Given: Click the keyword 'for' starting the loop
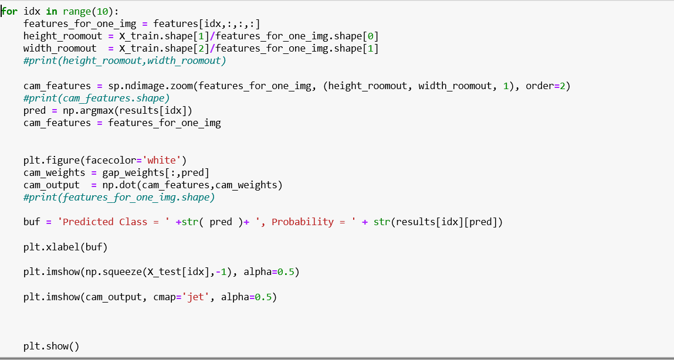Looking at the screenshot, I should click(10, 11).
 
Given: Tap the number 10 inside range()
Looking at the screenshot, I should click(97, 11).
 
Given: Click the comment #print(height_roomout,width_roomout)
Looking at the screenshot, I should click(124, 61).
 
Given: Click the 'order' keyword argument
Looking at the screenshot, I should click(539, 86).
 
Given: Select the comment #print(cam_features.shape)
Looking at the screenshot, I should click(96, 98).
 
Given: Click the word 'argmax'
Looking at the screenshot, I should click(97, 110).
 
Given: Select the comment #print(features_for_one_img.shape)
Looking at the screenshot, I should click(119, 198).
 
